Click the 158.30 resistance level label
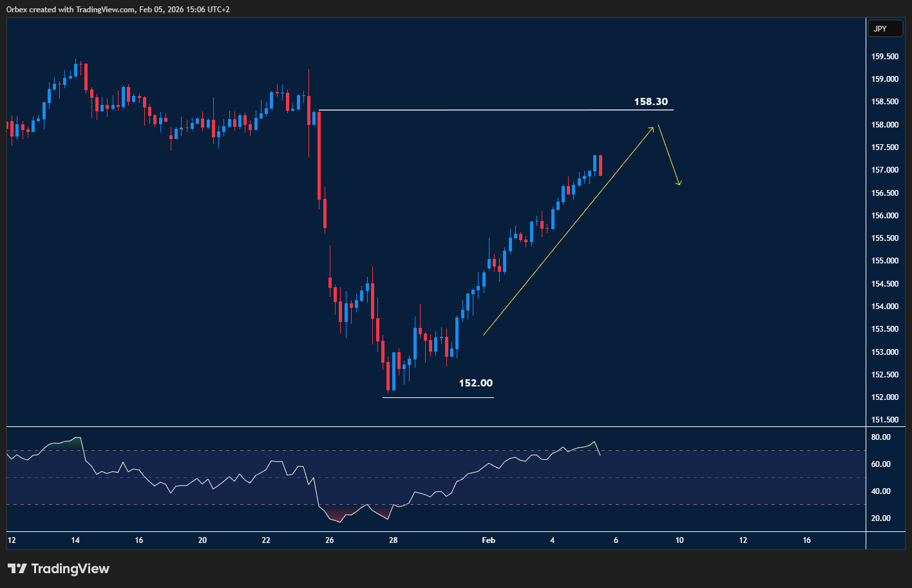pos(651,102)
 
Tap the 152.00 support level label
pos(475,383)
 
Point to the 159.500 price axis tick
pos(884,57)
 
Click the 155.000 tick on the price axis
pos(884,261)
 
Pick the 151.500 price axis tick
pos(884,420)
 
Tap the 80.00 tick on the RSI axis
pos(880,437)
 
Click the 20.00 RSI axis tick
pos(880,518)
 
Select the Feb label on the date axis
pos(488,540)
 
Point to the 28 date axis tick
pos(393,540)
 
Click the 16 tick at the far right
pos(806,540)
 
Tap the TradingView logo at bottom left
pos(59,569)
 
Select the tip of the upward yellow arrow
pos(652,128)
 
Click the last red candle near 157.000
pos(600,166)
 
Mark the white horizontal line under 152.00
pos(438,397)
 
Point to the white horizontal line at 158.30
pos(496,110)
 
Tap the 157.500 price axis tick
pos(884,147)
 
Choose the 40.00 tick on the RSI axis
pos(880,491)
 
